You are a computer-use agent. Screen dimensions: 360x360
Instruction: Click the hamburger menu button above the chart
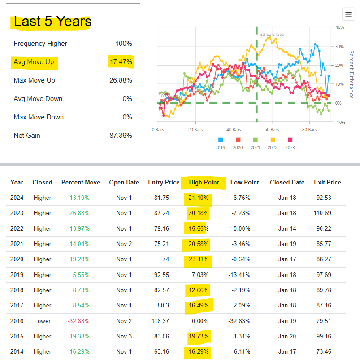[x=348, y=14]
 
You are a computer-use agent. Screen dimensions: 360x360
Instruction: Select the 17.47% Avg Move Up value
[x=121, y=62]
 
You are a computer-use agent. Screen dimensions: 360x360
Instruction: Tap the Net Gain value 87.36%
[x=121, y=136]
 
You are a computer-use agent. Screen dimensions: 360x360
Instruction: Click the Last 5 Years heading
[x=52, y=21]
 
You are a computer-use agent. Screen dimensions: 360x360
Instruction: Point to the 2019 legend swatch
[x=221, y=140]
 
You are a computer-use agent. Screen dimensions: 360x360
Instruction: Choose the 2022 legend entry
[x=273, y=143]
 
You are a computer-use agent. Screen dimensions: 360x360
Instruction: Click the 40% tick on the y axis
[x=339, y=27]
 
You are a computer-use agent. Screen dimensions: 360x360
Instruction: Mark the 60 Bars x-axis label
[x=272, y=130]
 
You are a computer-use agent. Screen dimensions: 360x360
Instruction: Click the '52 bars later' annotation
[x=273, y=35]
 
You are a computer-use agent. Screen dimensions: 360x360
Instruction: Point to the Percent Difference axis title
[x=351, y=75]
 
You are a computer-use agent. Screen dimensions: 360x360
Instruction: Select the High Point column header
[x=204, y=182]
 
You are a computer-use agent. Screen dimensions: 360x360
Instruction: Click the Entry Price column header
[x=164, y=182]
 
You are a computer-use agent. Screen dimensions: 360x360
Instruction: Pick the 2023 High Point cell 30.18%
[x=199, y=213]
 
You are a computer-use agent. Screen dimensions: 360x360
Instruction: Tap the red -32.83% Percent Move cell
[x=78, y=321]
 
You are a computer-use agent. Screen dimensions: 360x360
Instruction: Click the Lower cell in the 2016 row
[x=43, y=321]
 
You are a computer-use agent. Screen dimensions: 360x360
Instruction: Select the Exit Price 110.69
[x=322, y=213]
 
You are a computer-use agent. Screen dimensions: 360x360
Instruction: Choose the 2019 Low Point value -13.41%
[x=239, y=275]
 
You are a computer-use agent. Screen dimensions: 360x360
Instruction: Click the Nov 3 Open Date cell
[x=124, y=336]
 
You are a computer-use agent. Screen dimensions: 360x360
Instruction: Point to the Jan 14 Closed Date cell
[x=287, y=228]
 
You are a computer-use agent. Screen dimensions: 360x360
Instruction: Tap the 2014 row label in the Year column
[x=17, y=351]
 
